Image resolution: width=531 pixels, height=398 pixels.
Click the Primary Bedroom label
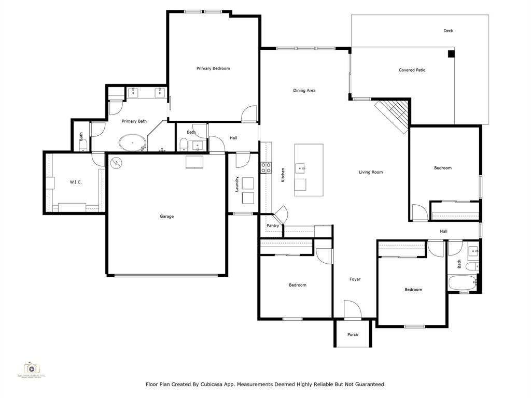point(213,68)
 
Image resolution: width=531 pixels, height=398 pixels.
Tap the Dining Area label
point(304,91)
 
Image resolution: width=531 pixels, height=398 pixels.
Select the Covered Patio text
point(412,70)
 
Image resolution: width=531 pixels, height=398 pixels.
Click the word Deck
point(448,31)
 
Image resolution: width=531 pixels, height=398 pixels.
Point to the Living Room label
point(371,172)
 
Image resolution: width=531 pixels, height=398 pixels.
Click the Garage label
point(166,216)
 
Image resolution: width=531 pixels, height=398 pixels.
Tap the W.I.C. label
point(76,182)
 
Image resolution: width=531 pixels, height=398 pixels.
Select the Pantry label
point(273,226)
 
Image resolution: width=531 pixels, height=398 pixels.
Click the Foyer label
point(355,279)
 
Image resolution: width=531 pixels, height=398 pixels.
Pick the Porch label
point(353,335)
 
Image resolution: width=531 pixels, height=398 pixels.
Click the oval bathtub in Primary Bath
point(133,141)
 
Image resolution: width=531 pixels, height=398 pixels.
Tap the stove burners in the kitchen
point(265,167)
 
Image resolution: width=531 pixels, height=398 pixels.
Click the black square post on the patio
point(451,53)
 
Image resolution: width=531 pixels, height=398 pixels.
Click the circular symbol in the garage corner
point(116,162)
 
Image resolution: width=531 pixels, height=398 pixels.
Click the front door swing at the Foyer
point(352,309)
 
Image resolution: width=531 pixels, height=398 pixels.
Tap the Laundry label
point(237,184)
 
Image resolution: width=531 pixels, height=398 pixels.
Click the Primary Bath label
point(134,121)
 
